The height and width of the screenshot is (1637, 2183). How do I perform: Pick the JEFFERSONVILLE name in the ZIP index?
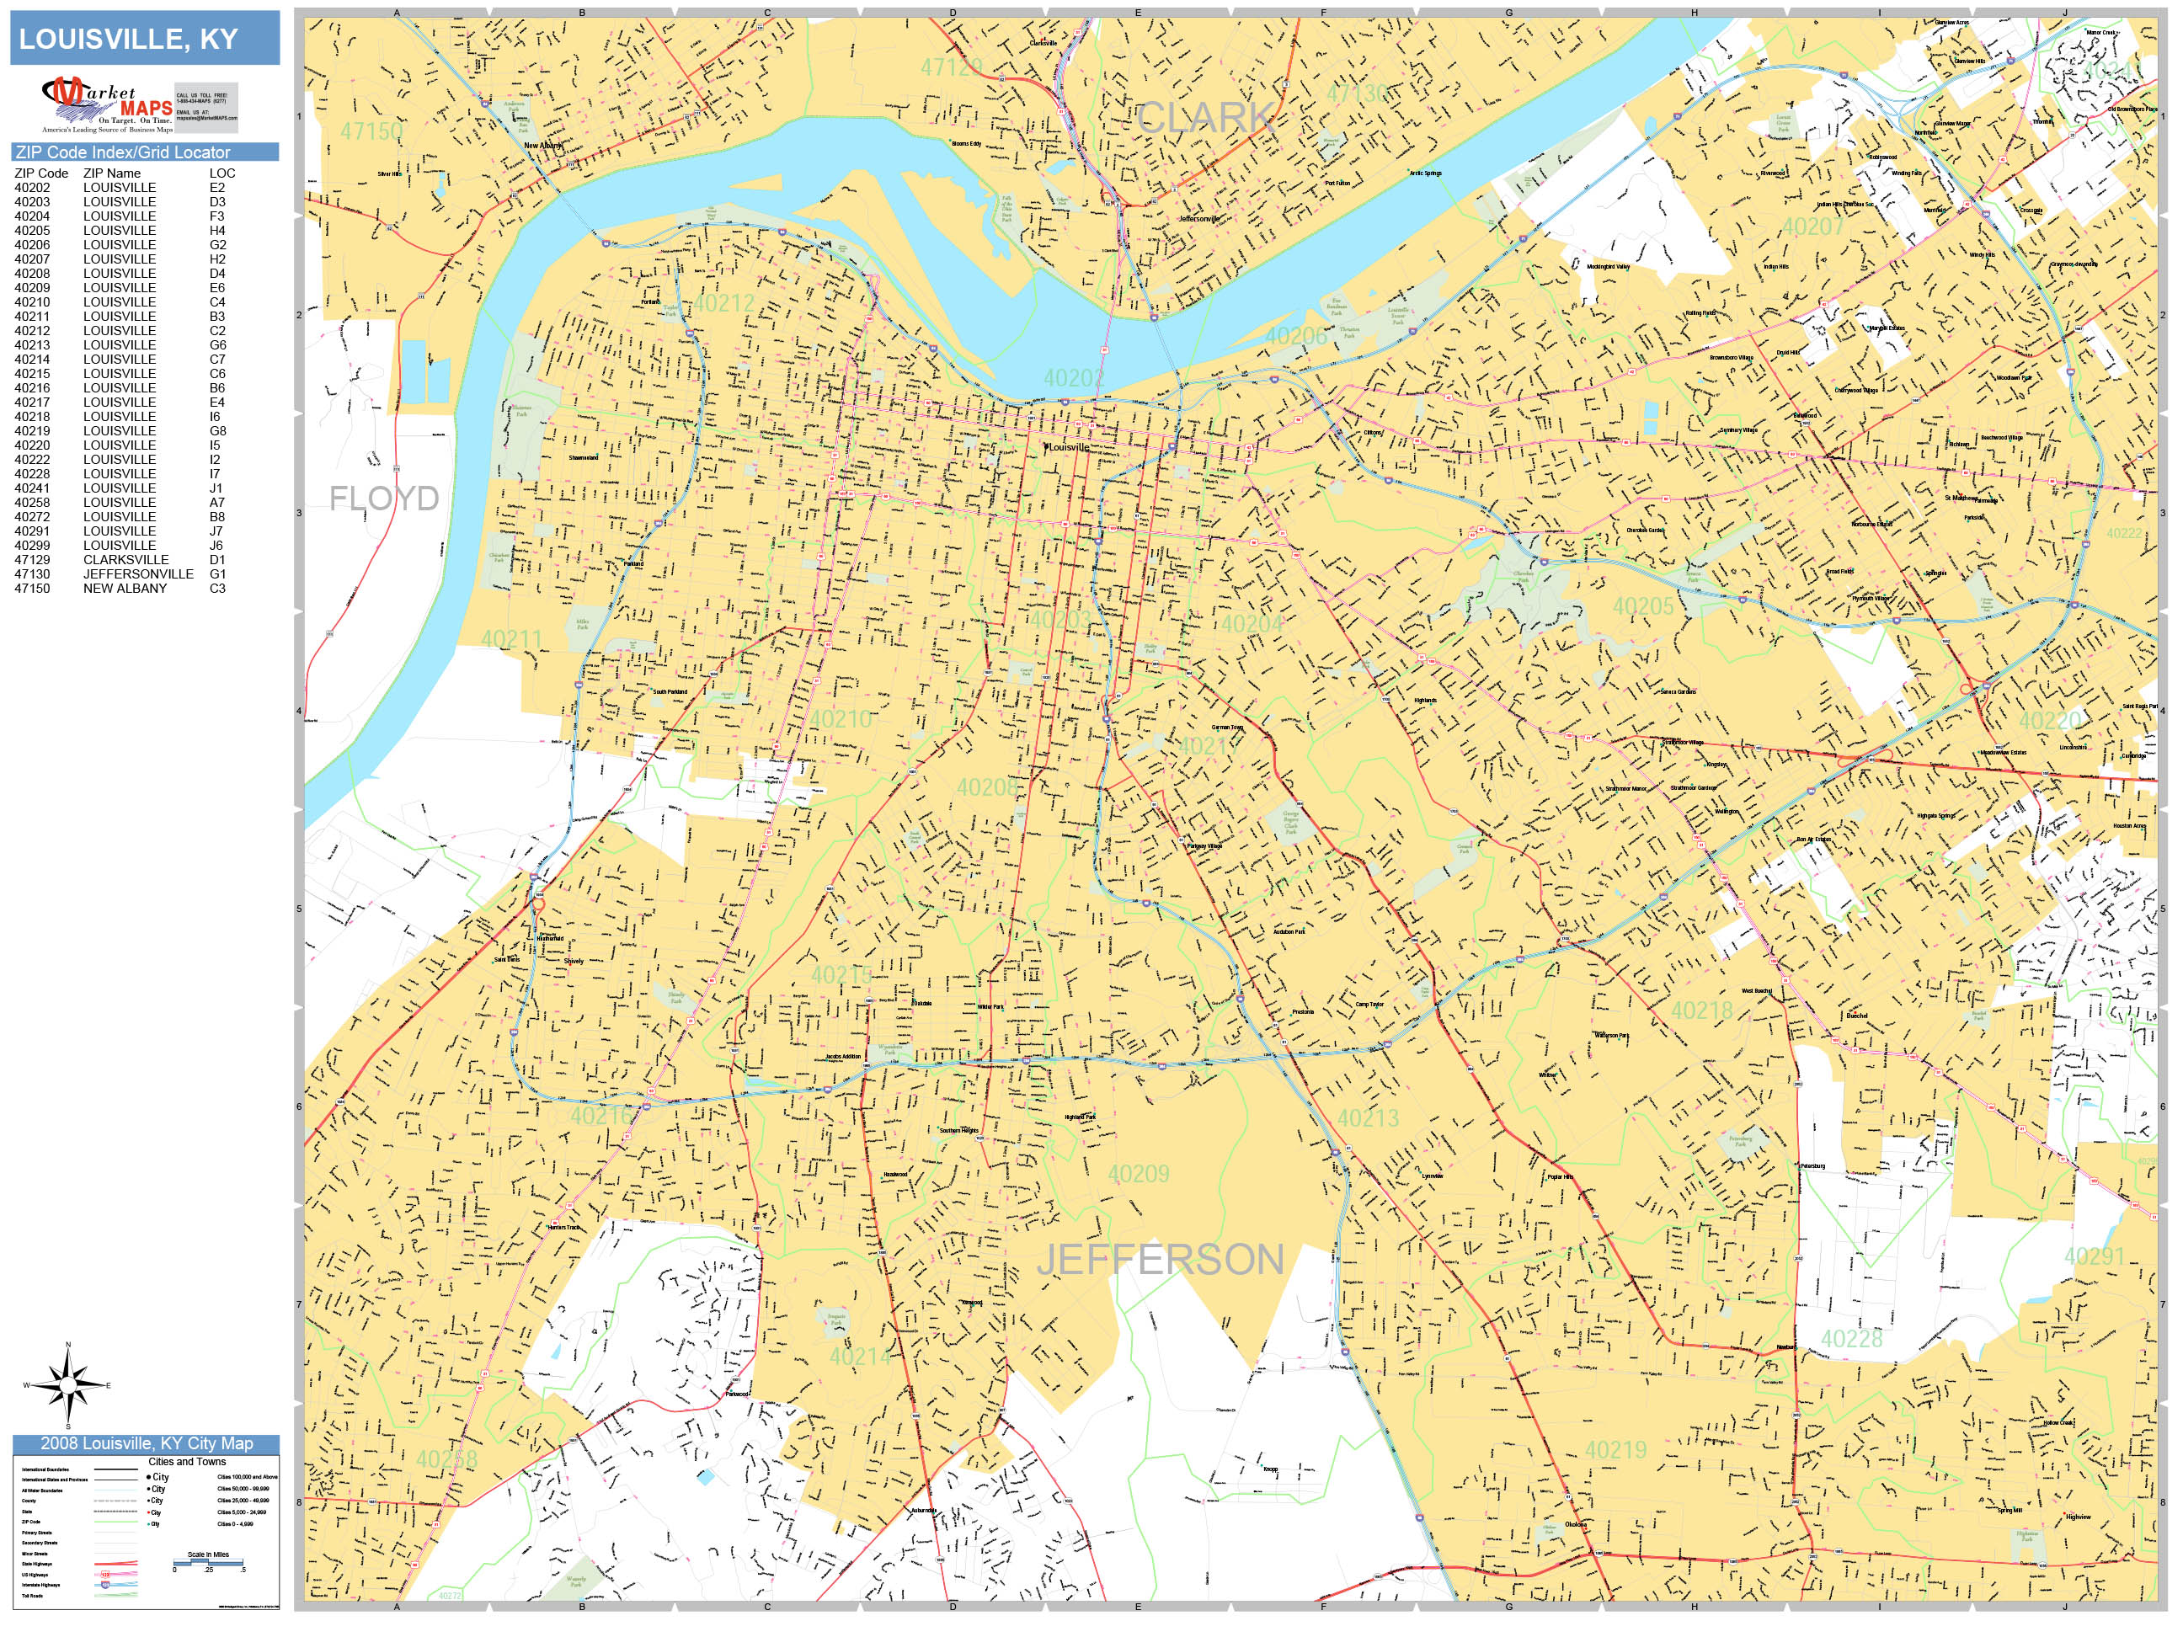[138, 574]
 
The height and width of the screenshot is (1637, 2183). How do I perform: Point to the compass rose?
[68, 1385]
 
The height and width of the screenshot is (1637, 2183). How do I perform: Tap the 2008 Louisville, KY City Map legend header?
[146, 1443]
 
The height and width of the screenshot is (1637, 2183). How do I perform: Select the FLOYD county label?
[384, 499]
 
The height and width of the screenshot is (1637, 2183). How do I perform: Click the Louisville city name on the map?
[1069, 448]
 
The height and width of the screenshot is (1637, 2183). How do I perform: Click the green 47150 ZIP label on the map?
[371, 131]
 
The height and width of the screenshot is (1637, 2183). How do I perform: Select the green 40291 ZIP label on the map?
[2095, 1256]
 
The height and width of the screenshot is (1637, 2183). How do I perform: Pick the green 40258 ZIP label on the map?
[446, 1459]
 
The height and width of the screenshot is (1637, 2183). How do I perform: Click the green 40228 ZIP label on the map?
[1851, 1339]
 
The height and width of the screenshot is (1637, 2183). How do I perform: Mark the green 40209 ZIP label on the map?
[1138, 1174]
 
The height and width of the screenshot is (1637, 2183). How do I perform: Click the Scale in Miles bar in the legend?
[208, 1562]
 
